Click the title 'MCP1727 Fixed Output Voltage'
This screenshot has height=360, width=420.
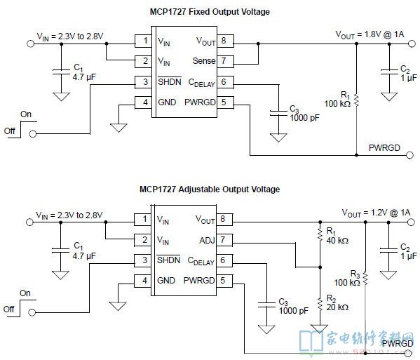[210, 12]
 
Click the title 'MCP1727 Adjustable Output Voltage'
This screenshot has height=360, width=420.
[210, 189]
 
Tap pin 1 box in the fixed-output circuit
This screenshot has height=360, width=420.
[143, 41]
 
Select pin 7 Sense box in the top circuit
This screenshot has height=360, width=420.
[225, 61]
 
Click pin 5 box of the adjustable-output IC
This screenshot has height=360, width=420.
[224, 281]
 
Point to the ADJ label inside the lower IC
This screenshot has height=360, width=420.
[207, 241]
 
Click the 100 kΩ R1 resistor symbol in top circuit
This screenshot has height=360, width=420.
[356, 100]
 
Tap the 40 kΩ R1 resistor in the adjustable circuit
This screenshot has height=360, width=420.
[320, 234]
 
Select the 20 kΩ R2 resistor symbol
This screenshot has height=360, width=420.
[320, 304]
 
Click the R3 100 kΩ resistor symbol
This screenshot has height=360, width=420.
[365, 279]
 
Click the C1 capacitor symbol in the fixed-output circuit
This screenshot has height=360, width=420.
[61, 72]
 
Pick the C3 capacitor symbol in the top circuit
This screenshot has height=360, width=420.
[278, 113]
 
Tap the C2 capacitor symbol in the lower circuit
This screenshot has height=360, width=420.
[388, 251]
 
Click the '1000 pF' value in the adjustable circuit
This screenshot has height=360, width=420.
[294, 311]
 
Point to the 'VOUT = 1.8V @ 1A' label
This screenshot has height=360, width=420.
[370, 35]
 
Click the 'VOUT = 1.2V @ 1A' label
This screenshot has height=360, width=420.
[376, 213]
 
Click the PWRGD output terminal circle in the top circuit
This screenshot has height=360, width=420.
[410, 155]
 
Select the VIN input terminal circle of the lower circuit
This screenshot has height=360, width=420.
[29, 222]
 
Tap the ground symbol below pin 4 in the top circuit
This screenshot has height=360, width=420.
[118, 128]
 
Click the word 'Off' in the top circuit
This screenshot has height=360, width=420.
[9, 131]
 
